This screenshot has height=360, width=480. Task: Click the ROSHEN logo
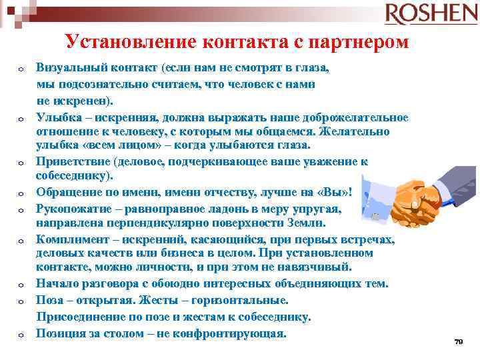coord(431,13)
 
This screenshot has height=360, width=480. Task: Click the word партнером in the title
coord(361,42)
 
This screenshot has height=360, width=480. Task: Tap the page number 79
coord(458,341)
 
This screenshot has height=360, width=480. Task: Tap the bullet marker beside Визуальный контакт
coord(21,69)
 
